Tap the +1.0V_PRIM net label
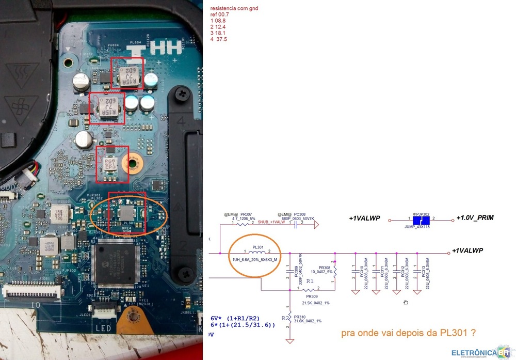pyautogui.click(x=475, y=218)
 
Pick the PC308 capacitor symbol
pyautogui.click(x=297, y=225)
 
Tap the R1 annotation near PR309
pyautogui.click(x=310, y=281)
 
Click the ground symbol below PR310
pyautogui.click(x=291, y=340)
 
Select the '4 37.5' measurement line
pyautogui.click(x=219, y=39)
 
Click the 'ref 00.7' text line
pyautogui.click(x=220, y=15)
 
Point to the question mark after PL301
pyautogui.click(x=473, y=333)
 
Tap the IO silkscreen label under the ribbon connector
pyautogui.click(x=36, y=305)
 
